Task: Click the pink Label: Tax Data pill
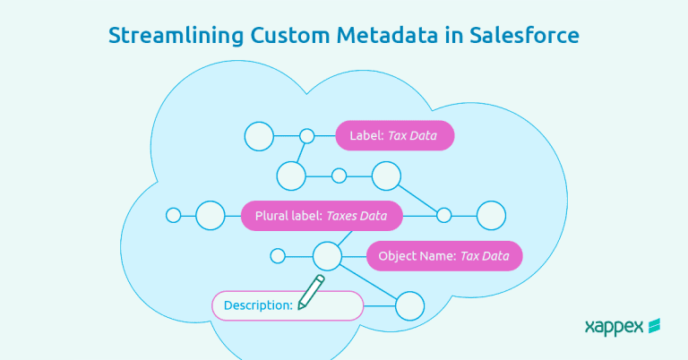[x=394, y=136]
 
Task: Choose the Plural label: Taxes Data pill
[x=322, y=216]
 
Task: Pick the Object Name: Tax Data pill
[x=443, y=256]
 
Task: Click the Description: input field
[x=287, y=305]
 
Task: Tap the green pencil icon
[x=311, y=293]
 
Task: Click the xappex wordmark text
[x=614, y=327]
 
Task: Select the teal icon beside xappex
[x=655, y=326]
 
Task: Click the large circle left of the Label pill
[x=259, y=136]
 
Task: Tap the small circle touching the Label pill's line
[x=307, y=136]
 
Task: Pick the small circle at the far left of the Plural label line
[x=174, y=215]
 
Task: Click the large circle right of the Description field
[x=409, y=305]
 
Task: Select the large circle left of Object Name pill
[x=327, y=256]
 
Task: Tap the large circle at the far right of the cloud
[x=491, y=215]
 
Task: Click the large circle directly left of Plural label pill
[x=211, y=215]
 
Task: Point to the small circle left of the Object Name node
[x=278, y=256]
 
